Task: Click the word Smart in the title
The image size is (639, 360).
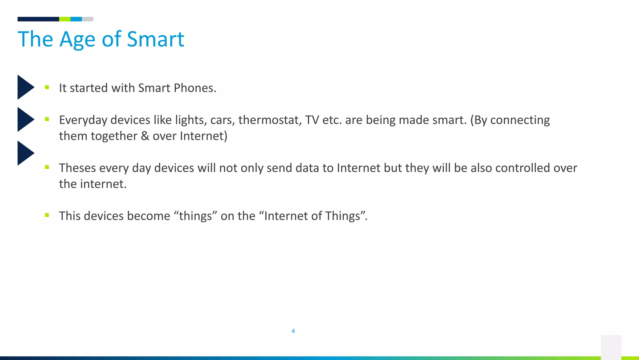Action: (x=155, y=39)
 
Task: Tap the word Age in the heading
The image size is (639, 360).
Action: (x=77, y=40)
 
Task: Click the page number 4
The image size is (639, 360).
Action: (x=293, y=331)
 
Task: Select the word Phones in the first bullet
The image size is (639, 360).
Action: (x=195, y=88)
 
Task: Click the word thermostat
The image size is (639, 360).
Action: (x=270, y=120)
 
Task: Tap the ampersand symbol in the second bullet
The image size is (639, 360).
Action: (x=145, y=136)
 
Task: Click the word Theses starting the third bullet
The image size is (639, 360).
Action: (x=77, y=168)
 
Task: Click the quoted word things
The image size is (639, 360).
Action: (x=195, y=216)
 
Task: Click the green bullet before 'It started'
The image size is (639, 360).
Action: (x=47, y=87)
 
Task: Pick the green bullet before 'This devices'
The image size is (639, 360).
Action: (x=47, y=215)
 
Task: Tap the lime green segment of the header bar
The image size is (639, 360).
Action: (x=65, y=19)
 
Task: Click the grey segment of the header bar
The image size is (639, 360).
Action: (x=87, y=19)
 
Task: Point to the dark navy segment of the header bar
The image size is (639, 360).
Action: (x=38, y=19)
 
